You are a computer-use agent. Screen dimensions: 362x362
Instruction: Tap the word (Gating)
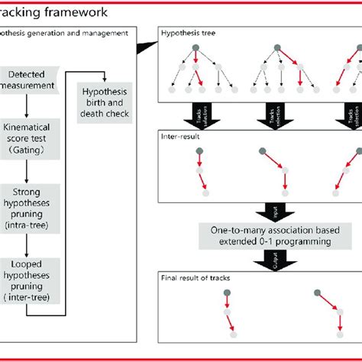click(x=31, y=149)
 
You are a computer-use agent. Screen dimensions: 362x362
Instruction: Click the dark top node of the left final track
click(x=226, y=291)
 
